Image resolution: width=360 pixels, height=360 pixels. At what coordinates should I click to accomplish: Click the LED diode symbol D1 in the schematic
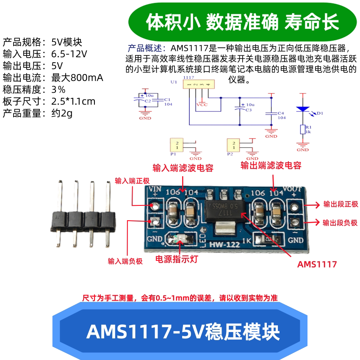click(x=302, y=109)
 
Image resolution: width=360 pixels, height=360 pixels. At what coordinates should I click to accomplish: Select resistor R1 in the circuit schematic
click(x=302, y=130)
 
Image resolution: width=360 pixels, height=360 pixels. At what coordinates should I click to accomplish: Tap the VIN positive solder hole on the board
click(x=155, y=206)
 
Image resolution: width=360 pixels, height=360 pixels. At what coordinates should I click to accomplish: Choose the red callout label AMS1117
click(x=317, y=264)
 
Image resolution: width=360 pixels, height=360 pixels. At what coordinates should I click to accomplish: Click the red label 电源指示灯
click(x=177, y=259)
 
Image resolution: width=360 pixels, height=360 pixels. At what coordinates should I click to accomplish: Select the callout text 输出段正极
click(x=340, y=204)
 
